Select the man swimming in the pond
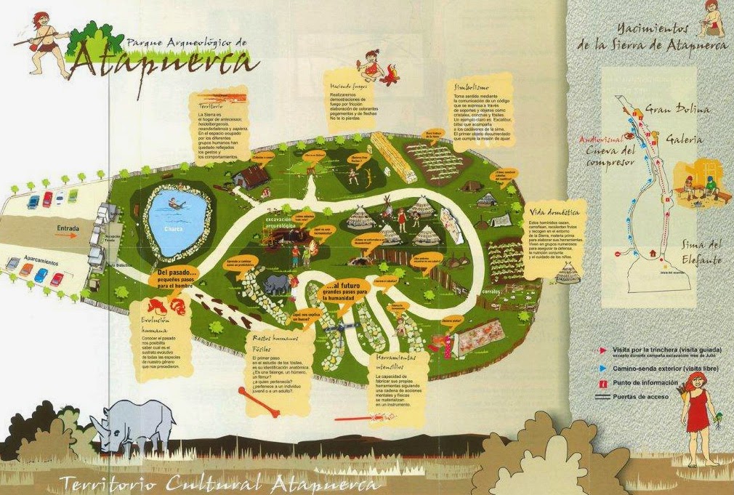pyautogui.click(x=175, y=203)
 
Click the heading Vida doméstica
pyautogui.click(x=555, y=212)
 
